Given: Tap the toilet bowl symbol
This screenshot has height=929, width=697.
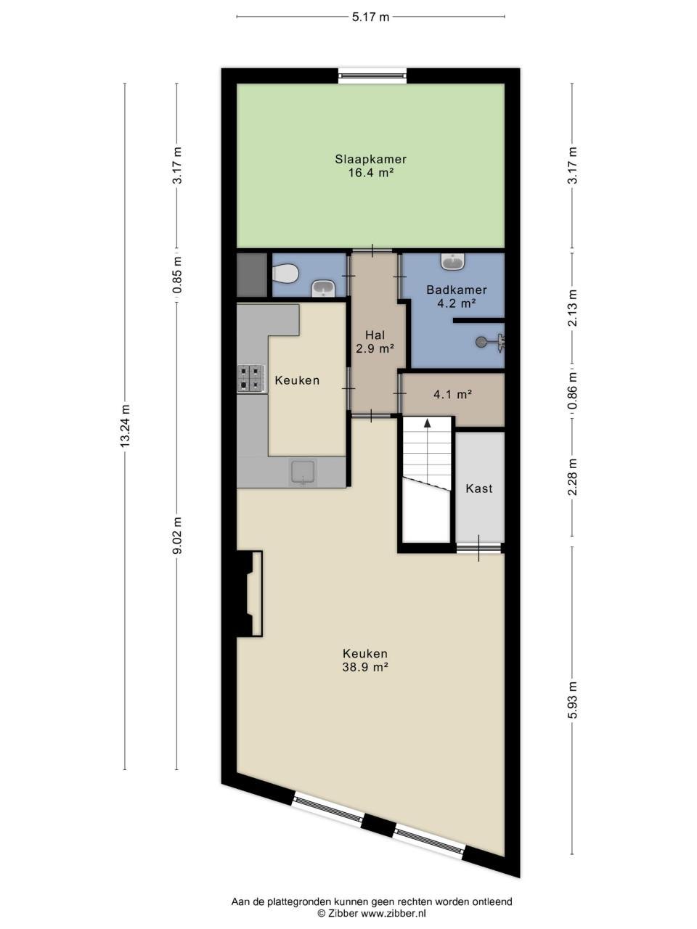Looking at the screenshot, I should click(285, 274).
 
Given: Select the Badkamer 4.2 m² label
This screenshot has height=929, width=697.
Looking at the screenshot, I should click(456, 296).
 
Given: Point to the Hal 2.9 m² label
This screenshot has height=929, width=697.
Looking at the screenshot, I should click(375, 342).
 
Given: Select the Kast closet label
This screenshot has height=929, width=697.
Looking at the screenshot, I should click(479, 488).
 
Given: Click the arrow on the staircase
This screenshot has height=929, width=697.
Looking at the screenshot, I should click(427, 423).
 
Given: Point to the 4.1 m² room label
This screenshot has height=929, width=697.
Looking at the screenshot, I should click(453, 395).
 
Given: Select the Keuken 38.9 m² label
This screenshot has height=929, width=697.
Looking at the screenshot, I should click(365, 660).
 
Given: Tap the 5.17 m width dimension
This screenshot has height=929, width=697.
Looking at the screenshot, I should click(370, 17).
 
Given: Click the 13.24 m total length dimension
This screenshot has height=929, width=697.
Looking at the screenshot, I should click(125, 427).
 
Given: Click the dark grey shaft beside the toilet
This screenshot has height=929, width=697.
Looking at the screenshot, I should click(252, 274).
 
